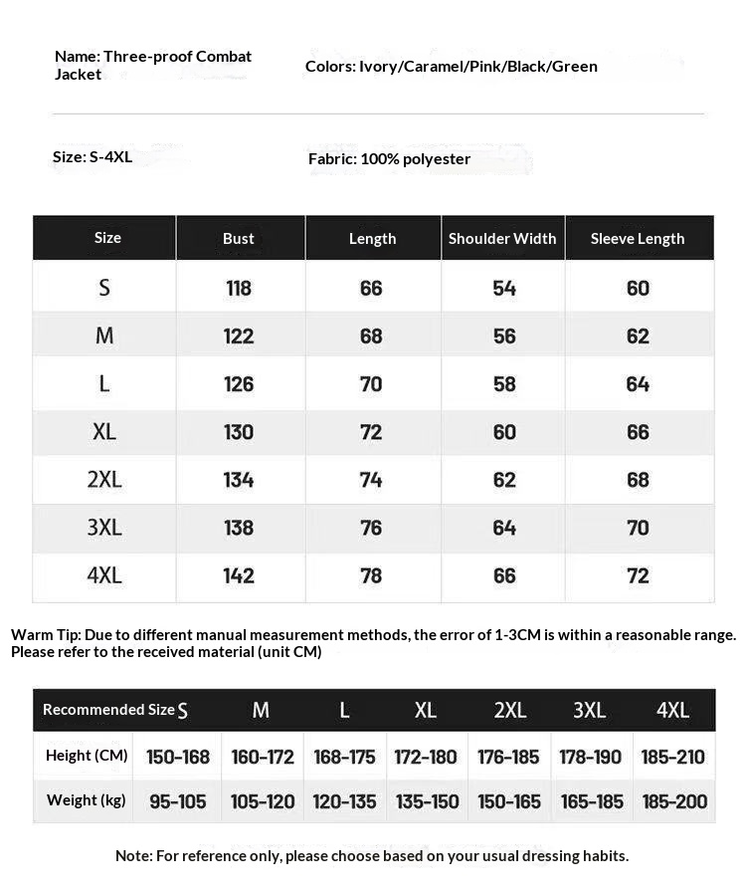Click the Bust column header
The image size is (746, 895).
(x=239, y=239)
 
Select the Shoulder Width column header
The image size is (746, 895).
(x=502, y=239)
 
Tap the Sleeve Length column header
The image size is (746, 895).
(x=638, y=239)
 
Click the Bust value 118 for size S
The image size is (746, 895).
(x=239, y=289)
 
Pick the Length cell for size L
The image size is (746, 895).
(x=371, y=384)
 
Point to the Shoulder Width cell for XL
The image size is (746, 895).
(x=504, y=432)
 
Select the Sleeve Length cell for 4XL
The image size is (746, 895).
(x=638, y=575)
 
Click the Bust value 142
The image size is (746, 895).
(x=239, y=575)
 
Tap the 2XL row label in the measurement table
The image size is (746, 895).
(x=104, y=480)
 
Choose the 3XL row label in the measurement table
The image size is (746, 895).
(x=104, y=528)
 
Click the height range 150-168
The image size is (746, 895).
(x=178, y=757)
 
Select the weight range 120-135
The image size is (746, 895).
(x=344, y=801)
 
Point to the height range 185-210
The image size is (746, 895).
(x=673, y=757)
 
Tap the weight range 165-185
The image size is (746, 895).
(x=591, y=801)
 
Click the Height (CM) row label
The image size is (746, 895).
(x=87, y=756)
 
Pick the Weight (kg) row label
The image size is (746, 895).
(x=87, y=800)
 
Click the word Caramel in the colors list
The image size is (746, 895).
(x=428, y=67)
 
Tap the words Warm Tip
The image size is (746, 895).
(x=46, y=635)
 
